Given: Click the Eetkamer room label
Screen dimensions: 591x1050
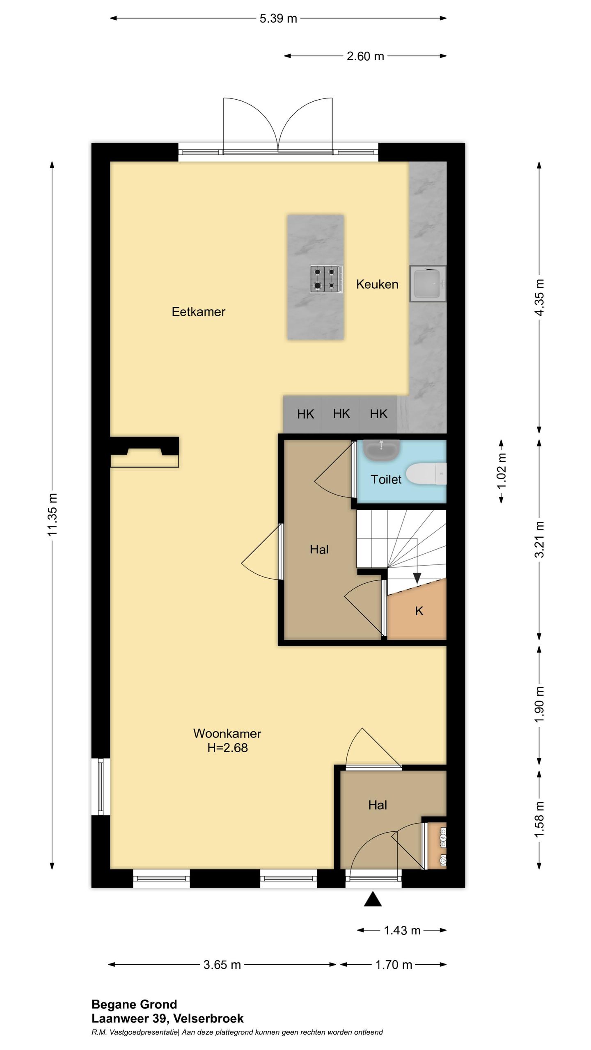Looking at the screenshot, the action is pos(198,312).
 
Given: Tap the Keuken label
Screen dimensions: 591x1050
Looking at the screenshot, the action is pos(377,284).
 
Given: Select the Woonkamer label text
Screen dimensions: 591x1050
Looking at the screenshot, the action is pos(227,733).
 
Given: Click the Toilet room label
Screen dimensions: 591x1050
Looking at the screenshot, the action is pos(386,479).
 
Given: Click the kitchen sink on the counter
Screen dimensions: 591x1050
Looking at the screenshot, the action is pos(428,283).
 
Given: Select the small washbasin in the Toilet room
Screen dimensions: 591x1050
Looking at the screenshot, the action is pos(382,450).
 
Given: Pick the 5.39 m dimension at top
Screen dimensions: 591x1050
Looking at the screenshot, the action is pos(278,18).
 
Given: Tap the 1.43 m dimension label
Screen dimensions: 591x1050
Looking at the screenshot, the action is pos(402,930).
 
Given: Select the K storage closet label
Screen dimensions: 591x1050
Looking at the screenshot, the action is pos(419,611).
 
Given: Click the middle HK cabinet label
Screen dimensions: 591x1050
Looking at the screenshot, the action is pos(341,414).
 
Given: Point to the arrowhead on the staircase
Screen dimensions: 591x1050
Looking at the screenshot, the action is pos(417,578).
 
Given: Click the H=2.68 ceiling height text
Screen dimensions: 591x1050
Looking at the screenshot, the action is pos(227,748).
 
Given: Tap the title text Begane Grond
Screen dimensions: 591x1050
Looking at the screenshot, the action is pos(134,1004).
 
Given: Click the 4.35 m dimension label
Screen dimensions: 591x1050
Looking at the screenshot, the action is pos(540,297).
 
